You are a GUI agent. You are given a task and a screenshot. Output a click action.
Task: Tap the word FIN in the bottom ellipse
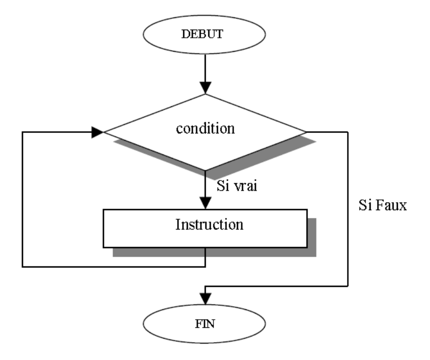tap(205, 324)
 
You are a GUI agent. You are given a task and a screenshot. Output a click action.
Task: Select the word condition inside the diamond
tap(205, 128)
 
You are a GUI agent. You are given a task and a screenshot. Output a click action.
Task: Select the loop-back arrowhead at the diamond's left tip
tap(98, 132)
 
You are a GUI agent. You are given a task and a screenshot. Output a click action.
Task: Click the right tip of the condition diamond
tap(306, 132)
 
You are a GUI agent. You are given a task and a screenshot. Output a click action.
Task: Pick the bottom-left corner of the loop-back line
tap(23, 266)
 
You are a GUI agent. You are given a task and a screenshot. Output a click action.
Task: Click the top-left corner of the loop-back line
tap(23, 132)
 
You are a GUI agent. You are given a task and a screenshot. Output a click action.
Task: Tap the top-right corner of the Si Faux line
tap(348, 132)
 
